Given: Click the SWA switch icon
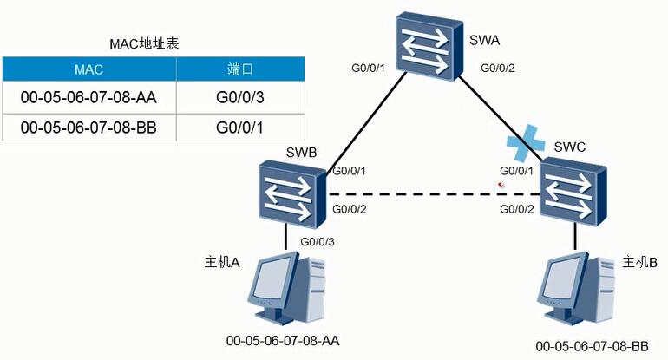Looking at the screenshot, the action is coord(429,47).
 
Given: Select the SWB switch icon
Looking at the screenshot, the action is coord(292,194).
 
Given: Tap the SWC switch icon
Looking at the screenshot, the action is coord(573,191).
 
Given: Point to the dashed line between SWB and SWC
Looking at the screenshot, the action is coord(433,194).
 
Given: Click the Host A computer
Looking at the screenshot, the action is coord(286,287).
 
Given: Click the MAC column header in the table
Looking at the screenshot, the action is coord(89,69).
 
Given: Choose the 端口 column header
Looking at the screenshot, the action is coord(240,69).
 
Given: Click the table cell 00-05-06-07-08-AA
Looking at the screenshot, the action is coord(89,97).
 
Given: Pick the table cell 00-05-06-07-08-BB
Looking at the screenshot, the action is coord(89,128).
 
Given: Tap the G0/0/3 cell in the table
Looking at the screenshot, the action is coord(240,97).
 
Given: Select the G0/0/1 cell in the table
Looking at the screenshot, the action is coord(240,128).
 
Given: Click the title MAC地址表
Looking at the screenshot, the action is coord(144,43).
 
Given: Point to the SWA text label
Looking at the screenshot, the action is coord(484,40).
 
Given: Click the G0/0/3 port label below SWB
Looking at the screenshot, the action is coord(318,241).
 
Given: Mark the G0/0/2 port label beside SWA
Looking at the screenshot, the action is coord(498,68).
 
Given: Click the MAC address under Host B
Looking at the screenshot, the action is coord(593,346).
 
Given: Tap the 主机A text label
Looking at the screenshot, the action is coord(222,262).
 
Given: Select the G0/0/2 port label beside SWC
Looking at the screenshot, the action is coord(517,209).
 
